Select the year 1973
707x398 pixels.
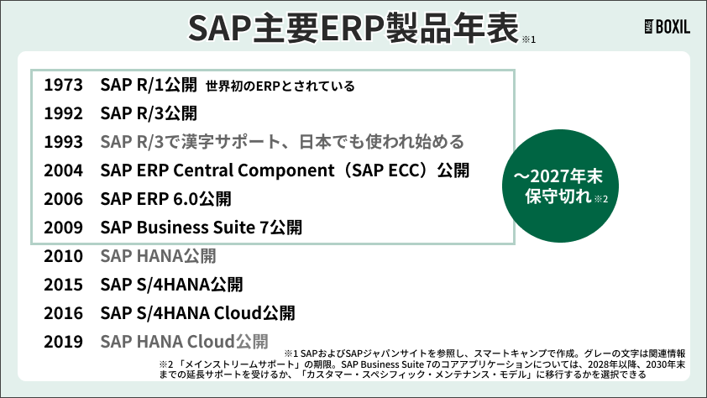(x=63, y=85)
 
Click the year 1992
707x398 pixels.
(x=63, y=113)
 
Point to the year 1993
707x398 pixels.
(x=63, y=142)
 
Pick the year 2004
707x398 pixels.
(x=63, y=170)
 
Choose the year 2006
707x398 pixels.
(x=63, y=199)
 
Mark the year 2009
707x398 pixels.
(x=63, y=228)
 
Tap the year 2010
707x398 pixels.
(x=63, y=256)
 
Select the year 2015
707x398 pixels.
(x=63, y=285)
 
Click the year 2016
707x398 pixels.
(x=63, y=313)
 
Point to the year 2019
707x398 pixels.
(x=63, y=342)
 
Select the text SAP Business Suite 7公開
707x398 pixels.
(x=201, y=228)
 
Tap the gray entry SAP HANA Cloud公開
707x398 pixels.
(x=184, y=342)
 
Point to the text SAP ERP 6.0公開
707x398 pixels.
(x=165, y=199)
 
